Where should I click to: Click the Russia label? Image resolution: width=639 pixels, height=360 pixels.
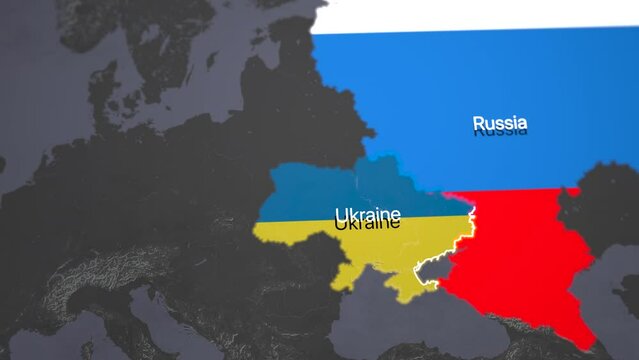(499, 124)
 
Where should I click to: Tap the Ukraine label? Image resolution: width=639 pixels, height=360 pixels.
(367, 216)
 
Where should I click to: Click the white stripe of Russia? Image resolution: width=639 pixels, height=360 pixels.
(470, 14)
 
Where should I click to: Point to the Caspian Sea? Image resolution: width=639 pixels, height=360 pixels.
(620, 290)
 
